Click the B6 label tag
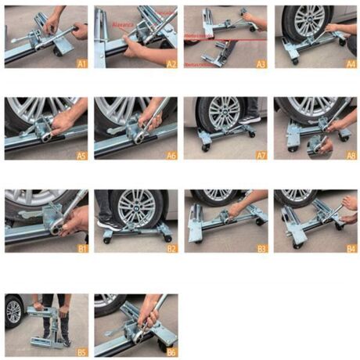[170, 341]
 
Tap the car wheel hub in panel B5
[13, 311]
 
